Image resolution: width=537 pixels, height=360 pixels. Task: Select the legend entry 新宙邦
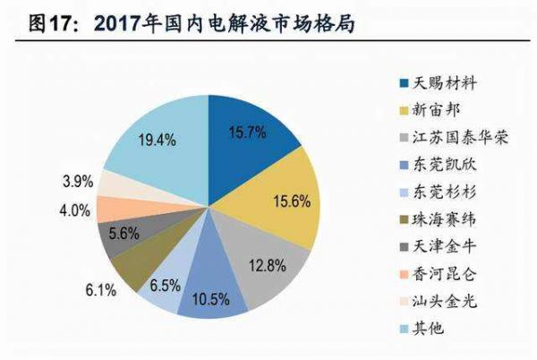click(x=438, y=110)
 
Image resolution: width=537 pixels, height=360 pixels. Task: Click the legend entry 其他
click(x=430, y=329)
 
